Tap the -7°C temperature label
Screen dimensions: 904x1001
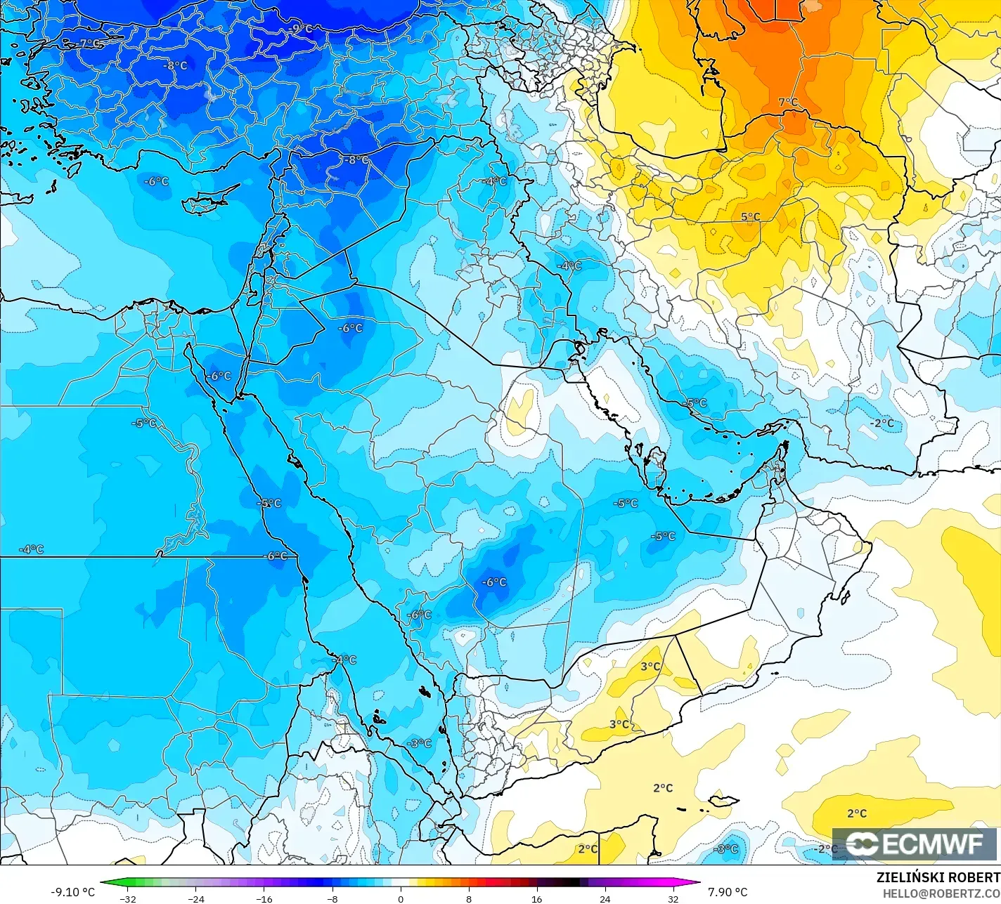click(89, 44)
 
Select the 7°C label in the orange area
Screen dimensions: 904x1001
click(788, 103)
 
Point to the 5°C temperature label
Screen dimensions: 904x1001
click(751, 216)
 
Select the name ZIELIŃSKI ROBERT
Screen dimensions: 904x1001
click(938, 877)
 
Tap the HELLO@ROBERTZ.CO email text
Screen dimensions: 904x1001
click(941, 892)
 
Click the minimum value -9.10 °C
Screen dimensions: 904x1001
click(72, 892)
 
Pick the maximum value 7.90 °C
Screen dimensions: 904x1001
click(728, 892)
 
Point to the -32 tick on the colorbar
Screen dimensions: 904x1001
click(127, 898)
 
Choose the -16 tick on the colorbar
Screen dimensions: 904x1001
click(264, 898)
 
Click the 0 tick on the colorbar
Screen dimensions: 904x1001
click(401, 898)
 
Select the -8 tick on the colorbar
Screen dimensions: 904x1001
click(332, 898)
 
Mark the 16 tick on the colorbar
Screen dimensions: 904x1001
click(537, 898)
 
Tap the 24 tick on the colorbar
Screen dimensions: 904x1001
click(605, 898)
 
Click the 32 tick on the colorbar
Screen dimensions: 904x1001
click(673, 898)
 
